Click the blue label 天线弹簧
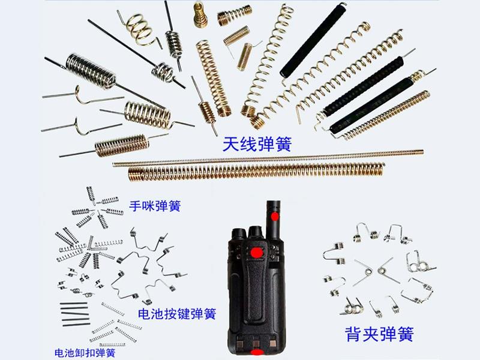(x=257, y=144)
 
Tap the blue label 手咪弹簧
(x=155, y=206)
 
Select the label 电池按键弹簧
(x=177, y=314)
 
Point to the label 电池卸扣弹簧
(x=85, y=353)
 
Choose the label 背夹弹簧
(x=379, y=334)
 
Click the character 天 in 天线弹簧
(x=231, y=144)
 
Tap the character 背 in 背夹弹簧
(x=353, y=334)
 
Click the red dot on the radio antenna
(x=275, y=217)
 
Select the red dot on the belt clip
(x=257, y=253)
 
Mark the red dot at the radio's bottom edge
(x=257, y=352)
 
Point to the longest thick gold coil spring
(x=256, y=172)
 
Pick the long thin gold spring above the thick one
(x=268, y=158)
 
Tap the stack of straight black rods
(x=75, y=313)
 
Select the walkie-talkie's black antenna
(x=274, y=219)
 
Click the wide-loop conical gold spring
(x=140, y=29)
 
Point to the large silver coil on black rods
(x=91, y=72)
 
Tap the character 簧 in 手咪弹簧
(x=175, y=206)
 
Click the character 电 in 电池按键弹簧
(x=144, y=314)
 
